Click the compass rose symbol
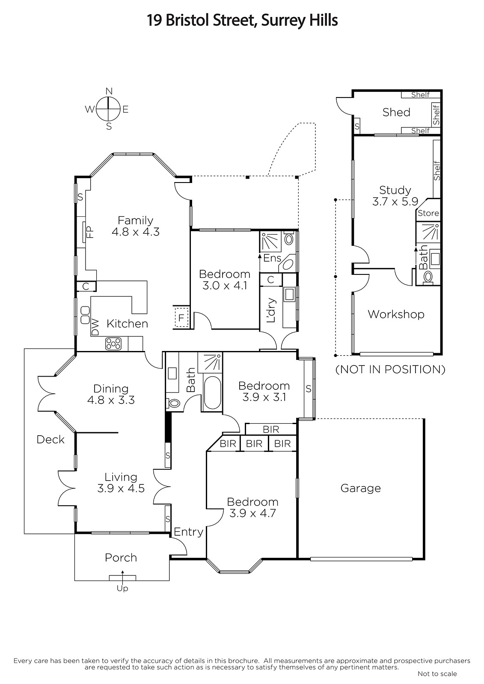tap(108, 109)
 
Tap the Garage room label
tap(360, 488)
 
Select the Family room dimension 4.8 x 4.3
tap(136, 232)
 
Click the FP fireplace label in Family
tap(90, 232)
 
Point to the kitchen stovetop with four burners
tap(113, 344)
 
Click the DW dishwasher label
tap(95, 327)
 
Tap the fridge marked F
tap(181, 318)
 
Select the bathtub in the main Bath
tap(212, 393)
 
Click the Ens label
tap(272, 258)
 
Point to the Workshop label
tap(396, 314)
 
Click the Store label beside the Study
tap(428, 213)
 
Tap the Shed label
tap(396, 112)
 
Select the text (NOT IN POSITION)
tap(390, 369)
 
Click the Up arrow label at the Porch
tap(122, 588)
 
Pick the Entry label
tap(188, 532)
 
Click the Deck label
tap(50, 439)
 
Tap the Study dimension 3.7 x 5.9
tap(395, 201)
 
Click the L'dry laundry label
tap(271, 310)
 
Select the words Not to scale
tap(437, 674)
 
